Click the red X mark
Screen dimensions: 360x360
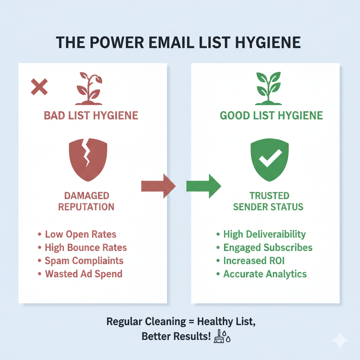point(39,87)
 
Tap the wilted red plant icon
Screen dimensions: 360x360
point(89,89)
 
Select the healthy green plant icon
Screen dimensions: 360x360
point(268,89)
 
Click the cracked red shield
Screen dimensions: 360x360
point(88,160)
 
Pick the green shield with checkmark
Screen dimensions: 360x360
point(270,160)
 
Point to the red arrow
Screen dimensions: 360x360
point(159,186)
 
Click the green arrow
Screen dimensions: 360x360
point(204,186)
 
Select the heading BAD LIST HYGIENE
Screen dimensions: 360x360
point(91,115)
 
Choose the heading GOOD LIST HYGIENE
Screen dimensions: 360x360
point(271,115)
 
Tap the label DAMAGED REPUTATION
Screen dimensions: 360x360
point(86,201)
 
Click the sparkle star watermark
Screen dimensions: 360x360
point(340,340)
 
